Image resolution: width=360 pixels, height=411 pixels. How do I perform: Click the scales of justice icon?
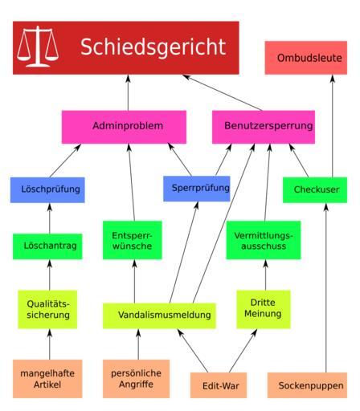38,47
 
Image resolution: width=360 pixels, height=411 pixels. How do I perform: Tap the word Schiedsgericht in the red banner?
153,47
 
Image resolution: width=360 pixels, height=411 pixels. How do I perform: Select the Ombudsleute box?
306,58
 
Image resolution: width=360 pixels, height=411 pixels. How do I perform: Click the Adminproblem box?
124,127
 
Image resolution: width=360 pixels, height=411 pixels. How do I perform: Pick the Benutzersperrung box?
264,127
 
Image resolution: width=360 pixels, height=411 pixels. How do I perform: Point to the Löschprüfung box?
47,189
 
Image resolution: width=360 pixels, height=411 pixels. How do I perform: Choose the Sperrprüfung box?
197,189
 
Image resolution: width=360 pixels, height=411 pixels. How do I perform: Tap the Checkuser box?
315,189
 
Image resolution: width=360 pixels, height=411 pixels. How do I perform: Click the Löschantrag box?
47,246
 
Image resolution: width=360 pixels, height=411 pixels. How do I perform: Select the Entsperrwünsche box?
133,240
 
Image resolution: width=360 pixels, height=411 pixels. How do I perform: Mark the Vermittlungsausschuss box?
264,240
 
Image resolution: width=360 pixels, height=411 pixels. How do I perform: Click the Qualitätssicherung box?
47,309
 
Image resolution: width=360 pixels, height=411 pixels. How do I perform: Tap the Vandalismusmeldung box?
159,315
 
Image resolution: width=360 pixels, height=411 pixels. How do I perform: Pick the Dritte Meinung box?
264,309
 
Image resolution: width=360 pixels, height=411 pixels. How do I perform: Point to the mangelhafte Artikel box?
47,379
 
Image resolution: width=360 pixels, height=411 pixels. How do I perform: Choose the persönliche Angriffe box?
136,379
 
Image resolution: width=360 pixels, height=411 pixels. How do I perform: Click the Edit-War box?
219,385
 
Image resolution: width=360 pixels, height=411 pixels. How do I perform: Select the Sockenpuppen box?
307,385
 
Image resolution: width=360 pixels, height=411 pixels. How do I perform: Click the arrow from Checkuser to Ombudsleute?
333,126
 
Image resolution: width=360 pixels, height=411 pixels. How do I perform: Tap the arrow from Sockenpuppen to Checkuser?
326,287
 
